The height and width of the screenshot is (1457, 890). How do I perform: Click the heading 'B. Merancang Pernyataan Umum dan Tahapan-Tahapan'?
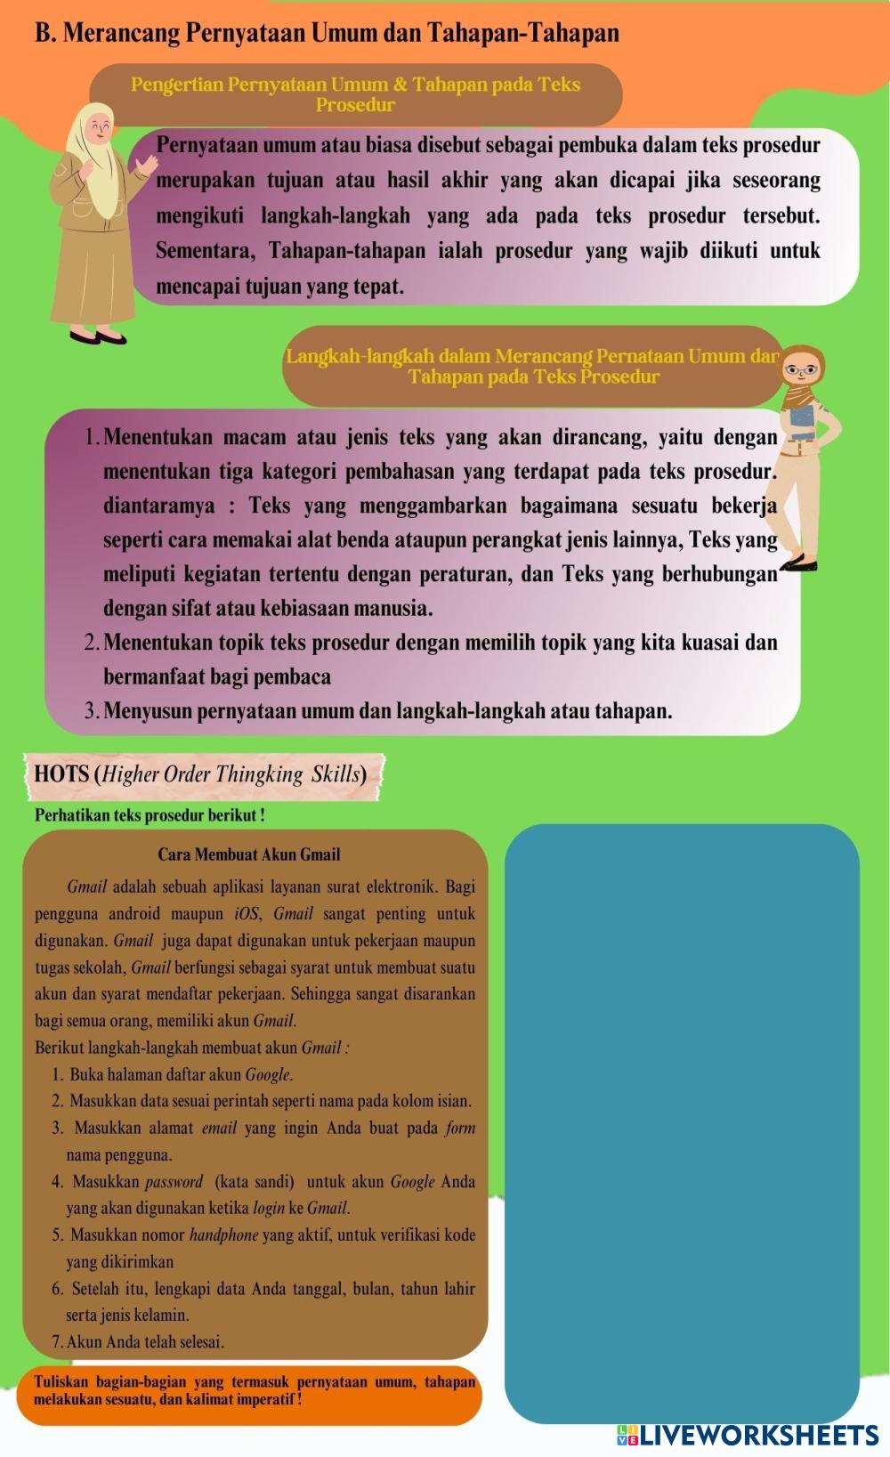pos(327,33)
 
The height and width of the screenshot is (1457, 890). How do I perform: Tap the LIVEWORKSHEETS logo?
pos(748,1434)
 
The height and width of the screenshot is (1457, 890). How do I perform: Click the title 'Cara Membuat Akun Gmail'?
pos(249,854)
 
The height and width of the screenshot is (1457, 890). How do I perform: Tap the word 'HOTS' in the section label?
pos(61,773)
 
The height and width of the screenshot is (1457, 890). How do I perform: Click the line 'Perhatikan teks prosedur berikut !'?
pos(150,814)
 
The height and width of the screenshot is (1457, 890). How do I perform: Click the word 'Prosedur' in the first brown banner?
pos(355,105)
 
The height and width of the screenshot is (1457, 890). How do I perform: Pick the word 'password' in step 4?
pos(174,1182)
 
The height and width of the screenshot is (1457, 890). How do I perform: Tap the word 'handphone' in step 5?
pos(223,1235)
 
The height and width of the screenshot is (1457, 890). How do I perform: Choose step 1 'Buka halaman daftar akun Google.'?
pos(173,1074)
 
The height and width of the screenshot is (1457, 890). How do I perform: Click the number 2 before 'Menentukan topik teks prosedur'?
pos(91,643)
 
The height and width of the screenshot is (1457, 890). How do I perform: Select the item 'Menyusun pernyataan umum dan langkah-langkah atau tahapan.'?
pos(387,711)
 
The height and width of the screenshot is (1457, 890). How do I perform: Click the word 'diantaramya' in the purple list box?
pos(159,506)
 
